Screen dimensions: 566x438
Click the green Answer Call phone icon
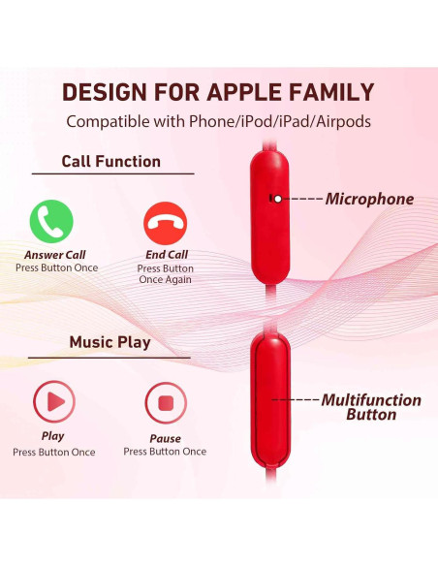[x=51, y=221]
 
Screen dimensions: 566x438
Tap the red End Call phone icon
[x=165, y=223]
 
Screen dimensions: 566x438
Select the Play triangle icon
[x=54, y=399]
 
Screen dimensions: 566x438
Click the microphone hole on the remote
[x=277, y=198]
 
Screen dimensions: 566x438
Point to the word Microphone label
[x=369, y=200]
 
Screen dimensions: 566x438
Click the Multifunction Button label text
[x=371, y=407]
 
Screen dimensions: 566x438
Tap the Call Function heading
[x=110, y=162]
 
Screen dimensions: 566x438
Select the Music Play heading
[x=109, y=342]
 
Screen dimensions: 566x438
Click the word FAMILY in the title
[x=335, y=93]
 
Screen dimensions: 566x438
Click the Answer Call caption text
[x=55, y=255]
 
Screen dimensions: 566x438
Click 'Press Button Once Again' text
[x=165, y=274]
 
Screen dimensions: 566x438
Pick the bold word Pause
[x=165, y=438]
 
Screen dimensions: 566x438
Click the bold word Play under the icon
[x=54, y=436]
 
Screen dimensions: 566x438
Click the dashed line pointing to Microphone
[x=302, y=199]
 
